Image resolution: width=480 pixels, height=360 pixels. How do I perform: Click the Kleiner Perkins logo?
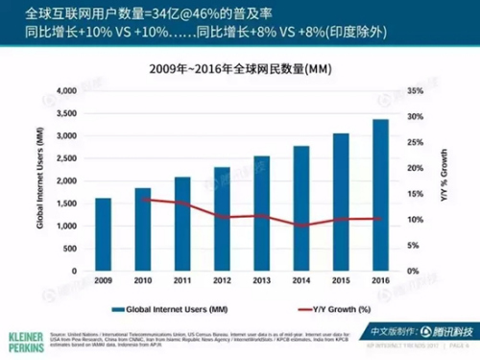click(21, 343)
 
